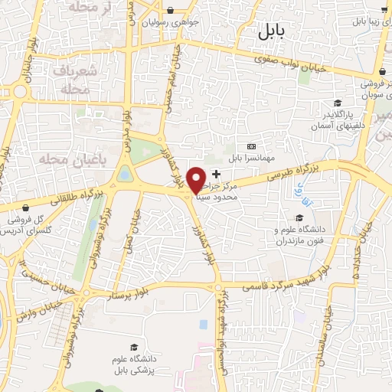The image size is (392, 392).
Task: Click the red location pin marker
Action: point(196,179)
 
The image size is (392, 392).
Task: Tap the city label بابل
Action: point(269,31)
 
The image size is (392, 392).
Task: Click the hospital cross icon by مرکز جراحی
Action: point(216,174)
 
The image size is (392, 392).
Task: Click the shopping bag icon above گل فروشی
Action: point(27,207)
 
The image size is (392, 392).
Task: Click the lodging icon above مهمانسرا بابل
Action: point(250,146)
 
